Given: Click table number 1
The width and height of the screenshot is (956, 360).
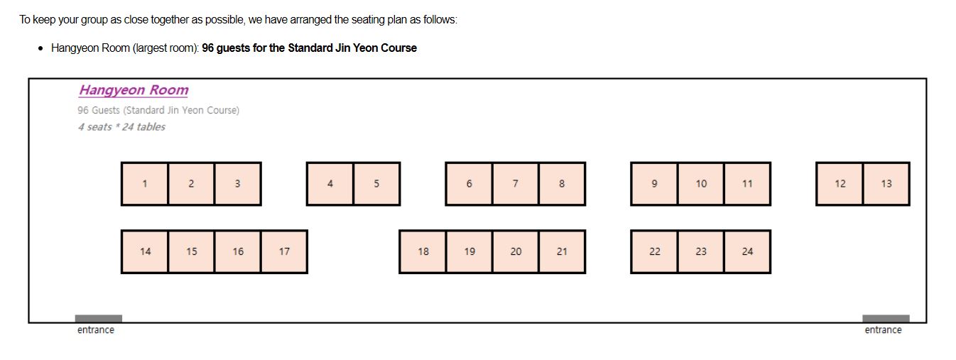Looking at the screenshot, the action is (145, 184).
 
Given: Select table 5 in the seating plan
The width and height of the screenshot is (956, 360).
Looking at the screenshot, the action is (376, 184).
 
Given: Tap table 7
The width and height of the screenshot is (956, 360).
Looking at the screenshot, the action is (516, 184).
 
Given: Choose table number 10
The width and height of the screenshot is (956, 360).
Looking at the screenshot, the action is (701, 184).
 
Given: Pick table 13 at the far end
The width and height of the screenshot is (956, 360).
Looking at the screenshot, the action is (886, 184).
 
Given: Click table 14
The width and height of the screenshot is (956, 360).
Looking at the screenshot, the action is (145, 251).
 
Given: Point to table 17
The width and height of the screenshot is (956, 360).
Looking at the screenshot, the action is (284, 251).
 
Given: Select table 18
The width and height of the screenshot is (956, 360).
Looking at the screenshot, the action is (423, 251).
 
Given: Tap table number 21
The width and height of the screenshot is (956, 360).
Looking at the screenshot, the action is (562, 251).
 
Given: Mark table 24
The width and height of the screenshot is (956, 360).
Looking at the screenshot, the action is (747, 251).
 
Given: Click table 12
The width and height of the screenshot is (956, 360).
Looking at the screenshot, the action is (840, 184).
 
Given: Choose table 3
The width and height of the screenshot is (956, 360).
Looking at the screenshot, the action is (238, 184).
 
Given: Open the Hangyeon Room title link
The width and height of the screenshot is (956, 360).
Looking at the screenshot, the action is (134, 90).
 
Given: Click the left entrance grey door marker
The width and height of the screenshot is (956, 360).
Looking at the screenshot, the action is (99, 319).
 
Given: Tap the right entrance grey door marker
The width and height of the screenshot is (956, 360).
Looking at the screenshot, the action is (886, 319).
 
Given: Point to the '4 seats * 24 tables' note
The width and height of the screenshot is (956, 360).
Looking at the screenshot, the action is (121, 127).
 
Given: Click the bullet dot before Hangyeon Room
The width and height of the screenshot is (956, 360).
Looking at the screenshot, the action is (40, 48).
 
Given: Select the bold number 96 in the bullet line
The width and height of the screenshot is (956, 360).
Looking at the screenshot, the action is (208, 48).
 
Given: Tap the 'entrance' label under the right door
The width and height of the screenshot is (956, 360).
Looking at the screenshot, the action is (883, 330).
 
